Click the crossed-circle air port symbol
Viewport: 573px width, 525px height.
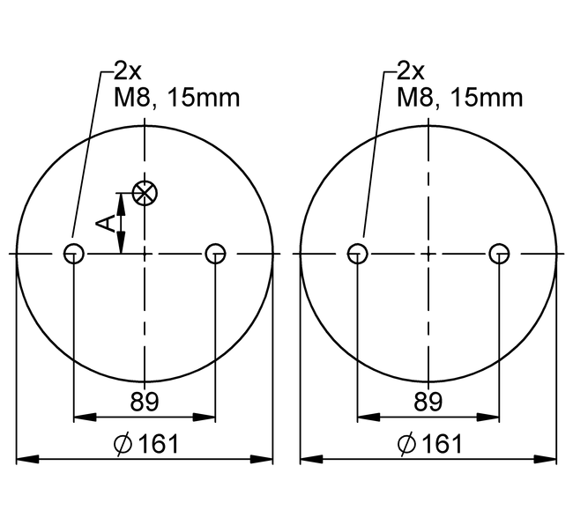pos(145,192)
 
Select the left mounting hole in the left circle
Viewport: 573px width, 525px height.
pos(74,254)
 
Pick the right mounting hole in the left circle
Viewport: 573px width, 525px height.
pos(215,254)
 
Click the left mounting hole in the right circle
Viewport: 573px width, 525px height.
pos(357,254)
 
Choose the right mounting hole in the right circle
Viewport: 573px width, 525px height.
pos(499,254)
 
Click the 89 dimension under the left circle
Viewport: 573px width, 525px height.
pos(145,401)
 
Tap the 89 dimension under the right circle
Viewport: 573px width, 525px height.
pos(428,401)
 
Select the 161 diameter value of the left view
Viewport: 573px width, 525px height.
pos(160,444)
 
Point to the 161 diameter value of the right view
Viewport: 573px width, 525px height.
pos(443,444)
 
